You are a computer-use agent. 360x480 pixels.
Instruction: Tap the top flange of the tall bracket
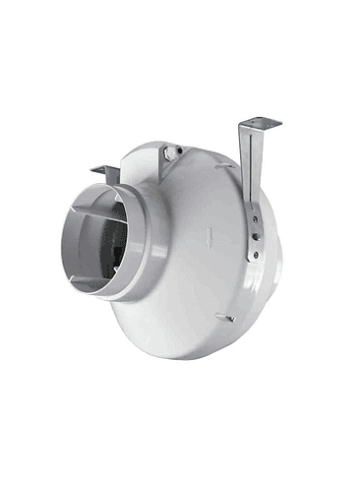click(x=260, y=123)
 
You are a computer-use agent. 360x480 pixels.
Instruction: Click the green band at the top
click(x=180, y=30)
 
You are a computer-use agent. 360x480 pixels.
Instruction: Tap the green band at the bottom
click(x=180, y=450)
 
